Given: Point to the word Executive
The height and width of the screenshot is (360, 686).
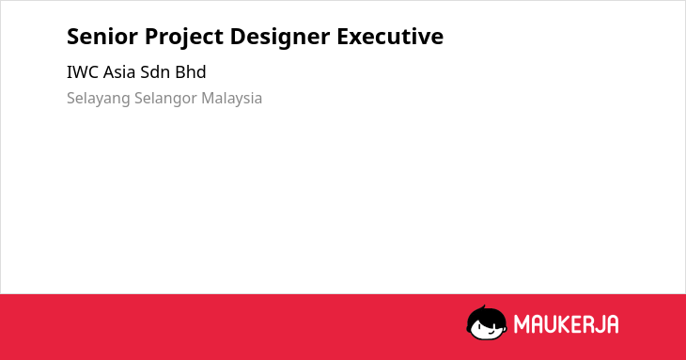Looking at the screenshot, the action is [x=390, y=37].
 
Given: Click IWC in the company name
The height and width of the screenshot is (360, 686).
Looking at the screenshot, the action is [x=83, y=72].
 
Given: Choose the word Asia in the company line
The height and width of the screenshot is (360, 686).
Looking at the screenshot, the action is [x=119, y=72].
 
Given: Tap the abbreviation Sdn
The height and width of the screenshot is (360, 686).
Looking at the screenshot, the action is [x=155, y=72].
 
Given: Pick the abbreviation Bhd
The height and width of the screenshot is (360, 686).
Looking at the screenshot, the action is [x=191, y=72].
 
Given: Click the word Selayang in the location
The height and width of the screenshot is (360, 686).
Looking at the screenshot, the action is [x=99, y=100].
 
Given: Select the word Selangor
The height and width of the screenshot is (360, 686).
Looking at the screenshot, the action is [x=165, y=100].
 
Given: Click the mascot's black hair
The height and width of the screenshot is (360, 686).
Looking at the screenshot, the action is [x=486, y=316].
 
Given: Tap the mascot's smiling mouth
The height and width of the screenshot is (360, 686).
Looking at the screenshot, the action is [x=491, y=332].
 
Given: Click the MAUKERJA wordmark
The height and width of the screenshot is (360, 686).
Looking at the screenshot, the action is [x=566, y=324].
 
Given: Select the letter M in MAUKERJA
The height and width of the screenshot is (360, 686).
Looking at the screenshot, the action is [x=522, y=324].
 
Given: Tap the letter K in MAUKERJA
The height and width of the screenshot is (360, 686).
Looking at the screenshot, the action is [x=564, y=324].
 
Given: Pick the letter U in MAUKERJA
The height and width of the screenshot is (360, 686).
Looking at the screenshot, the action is [x=550, y=324].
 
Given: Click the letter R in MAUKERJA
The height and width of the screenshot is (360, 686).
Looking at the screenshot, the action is [x=587, y=324].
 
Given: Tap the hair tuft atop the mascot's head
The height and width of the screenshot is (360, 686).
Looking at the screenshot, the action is [x=483, y=307].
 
